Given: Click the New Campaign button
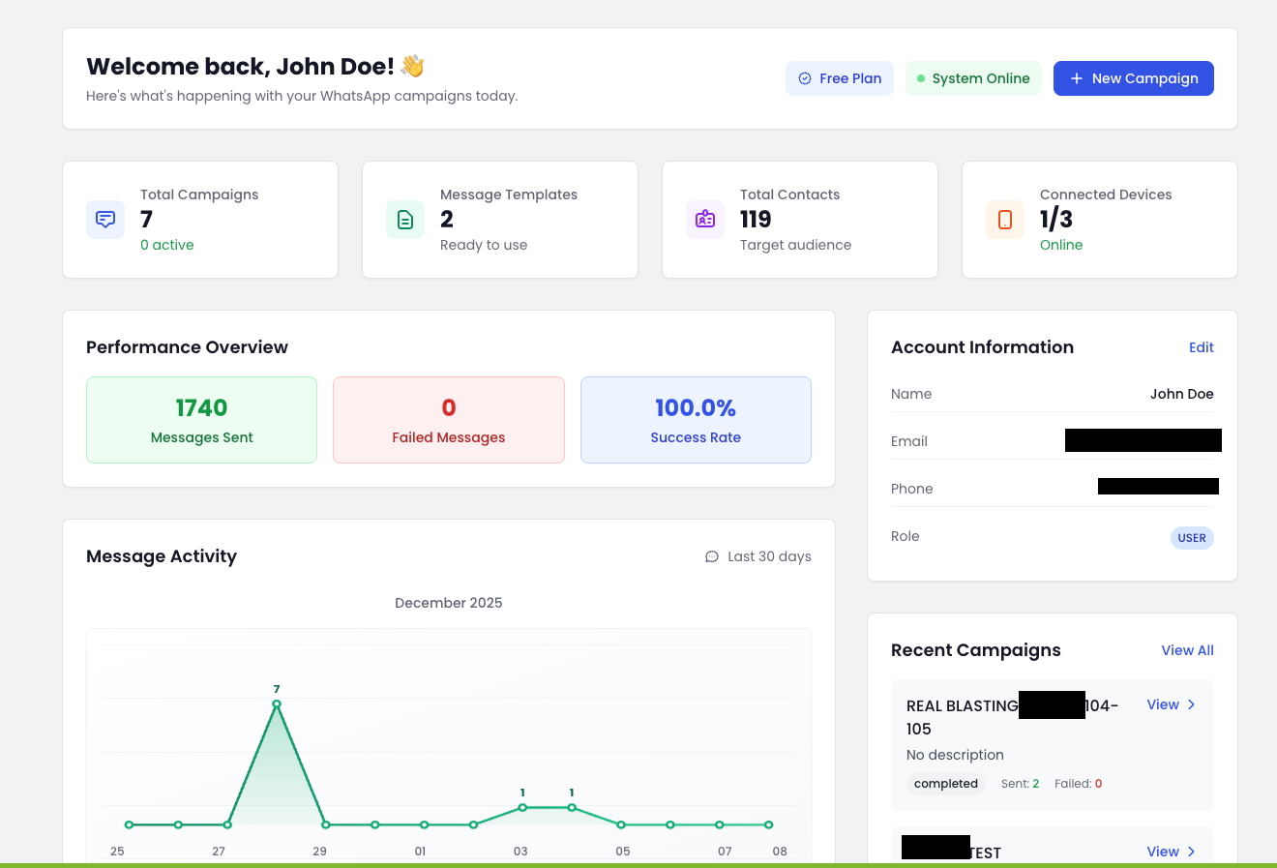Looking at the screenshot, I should click(1133, 78).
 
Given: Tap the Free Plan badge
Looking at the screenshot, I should click(840, 78).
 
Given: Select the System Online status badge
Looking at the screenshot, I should click(973, 78).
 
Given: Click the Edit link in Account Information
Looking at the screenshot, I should click(1201, 347).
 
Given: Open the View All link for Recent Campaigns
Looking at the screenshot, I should click(1187, 650).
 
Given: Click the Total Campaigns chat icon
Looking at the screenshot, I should click(105, 220).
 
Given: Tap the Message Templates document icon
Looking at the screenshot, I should click(405, 220).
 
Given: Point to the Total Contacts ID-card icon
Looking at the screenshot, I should click(705, 220).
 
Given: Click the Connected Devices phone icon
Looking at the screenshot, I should click(1005, 220).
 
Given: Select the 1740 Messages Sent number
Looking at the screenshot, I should click(201, 407).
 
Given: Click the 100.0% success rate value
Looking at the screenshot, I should click(696, 407).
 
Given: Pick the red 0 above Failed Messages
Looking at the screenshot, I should click(449, 407).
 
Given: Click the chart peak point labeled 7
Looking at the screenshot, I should click(277, 704).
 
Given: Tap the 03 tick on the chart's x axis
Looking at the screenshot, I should click(520, 852).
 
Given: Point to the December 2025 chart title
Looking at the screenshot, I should click(449, 603).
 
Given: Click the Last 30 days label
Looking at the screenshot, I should click(769, 556).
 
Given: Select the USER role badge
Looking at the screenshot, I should click(1192, 538).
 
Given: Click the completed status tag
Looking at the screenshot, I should click(946, 784).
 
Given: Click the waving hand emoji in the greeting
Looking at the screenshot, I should click(413, 66).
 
